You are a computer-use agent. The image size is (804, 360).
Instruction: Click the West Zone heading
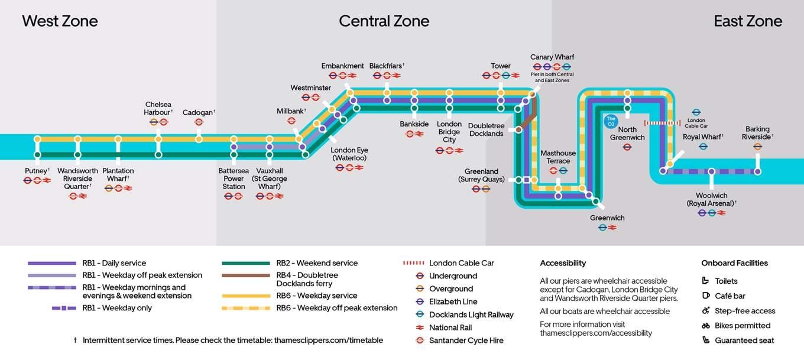[60, 21]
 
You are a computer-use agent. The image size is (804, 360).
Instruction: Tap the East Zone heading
[748, 21]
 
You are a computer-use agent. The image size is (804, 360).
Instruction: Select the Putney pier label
[36, 171]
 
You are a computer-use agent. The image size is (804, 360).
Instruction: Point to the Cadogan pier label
[198, 112]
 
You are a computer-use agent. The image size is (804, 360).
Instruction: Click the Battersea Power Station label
[234, 179]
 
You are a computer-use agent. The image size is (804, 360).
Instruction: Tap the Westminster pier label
[310, 87]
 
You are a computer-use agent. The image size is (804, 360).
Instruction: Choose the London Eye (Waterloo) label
[349, 154]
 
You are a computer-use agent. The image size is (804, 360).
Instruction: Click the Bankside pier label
[414, 124]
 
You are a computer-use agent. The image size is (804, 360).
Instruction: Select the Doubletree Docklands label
[487, 129]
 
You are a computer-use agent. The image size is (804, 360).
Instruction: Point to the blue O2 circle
[611, 121]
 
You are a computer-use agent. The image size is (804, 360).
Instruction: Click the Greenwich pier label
[607, 218]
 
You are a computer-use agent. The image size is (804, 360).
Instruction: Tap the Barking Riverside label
[757, 133]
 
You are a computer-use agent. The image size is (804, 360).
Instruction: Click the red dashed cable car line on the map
[662, 123]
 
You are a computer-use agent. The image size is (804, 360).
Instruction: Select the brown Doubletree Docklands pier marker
[518, 129]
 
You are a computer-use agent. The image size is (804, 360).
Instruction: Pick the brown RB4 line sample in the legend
[246, 275]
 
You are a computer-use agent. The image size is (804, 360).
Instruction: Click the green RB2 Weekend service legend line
[246, 263]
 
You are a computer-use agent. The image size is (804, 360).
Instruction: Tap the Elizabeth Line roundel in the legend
[420, 301]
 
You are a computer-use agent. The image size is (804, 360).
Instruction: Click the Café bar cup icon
[706, 296]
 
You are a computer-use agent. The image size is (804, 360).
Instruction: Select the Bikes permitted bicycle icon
[706, 326]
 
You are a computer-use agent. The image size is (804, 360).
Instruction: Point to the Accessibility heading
[562, 263]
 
